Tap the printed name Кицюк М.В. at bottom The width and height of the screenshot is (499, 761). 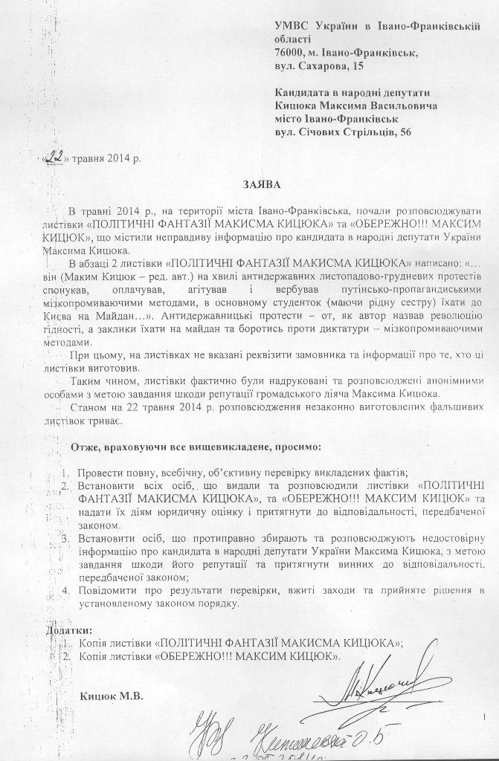pos(113,696)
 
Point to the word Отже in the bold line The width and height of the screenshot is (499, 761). pos(84,447)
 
